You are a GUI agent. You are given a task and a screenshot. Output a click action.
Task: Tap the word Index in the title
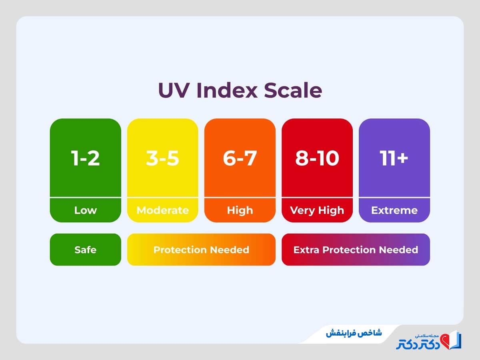click(x=226, y=90)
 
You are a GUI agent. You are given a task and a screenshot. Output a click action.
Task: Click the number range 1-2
click(x=85, y=158)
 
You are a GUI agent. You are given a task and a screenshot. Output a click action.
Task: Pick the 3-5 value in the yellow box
click(x=162, y=158)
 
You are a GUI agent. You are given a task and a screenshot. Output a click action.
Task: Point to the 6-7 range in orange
click(x=240, y=158)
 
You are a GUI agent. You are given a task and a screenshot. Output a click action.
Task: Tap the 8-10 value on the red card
click(x=317, y=158)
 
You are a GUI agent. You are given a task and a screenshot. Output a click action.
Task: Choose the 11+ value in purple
click(x=394, y=158)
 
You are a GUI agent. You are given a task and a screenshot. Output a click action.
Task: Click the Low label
click(x=85, y=210)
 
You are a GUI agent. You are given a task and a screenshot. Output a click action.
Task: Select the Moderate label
click(x=162, y=210)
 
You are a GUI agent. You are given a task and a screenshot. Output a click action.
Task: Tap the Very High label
click(x=317, y=210)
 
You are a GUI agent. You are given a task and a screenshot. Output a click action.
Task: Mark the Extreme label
click(x=394, y=210)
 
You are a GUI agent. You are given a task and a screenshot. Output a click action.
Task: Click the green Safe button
click(x=85, y=250)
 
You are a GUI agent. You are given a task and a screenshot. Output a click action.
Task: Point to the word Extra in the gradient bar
click(x=306, y=250)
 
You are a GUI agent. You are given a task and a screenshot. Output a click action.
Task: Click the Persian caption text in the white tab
click(x=354, y=333)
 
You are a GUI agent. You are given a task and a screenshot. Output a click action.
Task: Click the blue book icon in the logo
click(x=456, y=340)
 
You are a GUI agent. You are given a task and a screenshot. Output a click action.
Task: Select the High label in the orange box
click(x=240, y=210)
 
